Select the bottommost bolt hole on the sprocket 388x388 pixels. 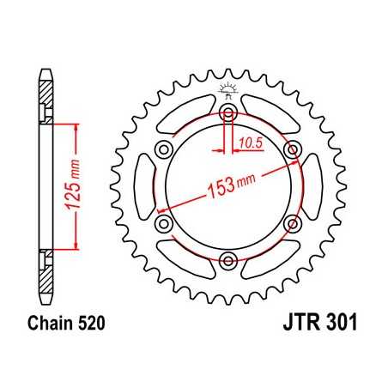click(228, 260)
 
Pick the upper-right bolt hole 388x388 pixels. click(292, 150)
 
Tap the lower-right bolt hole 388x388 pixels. click(292, 223)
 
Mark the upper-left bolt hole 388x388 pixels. click(165, 150)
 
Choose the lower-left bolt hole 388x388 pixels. click(165, 223)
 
